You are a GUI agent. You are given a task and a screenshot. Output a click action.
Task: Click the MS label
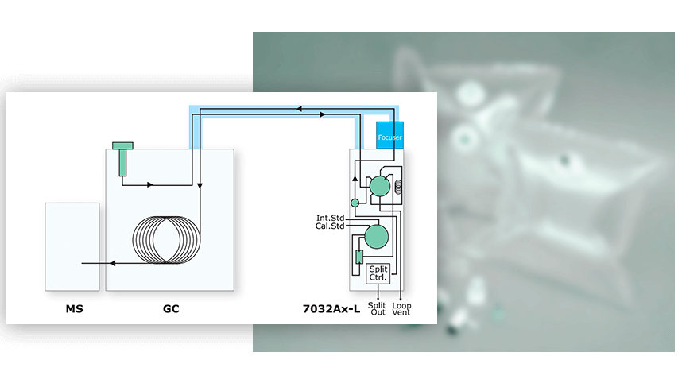point(75,308)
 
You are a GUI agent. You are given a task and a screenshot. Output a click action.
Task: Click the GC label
point(171,308)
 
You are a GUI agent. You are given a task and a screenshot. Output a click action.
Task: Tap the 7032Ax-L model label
point(331,308)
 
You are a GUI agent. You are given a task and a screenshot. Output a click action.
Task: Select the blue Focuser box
point(389,135)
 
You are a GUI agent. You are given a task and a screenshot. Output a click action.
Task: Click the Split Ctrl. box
point(378,273)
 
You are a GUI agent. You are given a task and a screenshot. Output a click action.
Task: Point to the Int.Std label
point(330,218)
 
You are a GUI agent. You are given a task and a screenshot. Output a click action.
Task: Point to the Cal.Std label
point(330,226)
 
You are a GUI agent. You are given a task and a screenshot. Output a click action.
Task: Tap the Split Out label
point(377,308)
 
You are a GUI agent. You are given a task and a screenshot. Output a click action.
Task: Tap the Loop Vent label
point(401,308)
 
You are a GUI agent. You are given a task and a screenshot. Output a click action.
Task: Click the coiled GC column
point(166,240)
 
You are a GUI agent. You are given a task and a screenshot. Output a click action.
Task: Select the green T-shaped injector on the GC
point(122,159)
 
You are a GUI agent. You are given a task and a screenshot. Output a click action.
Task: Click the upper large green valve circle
point(380,187)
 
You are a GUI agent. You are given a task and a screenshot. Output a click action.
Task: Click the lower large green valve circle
point(376,237)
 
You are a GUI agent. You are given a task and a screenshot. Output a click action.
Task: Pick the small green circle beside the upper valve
point(355,203)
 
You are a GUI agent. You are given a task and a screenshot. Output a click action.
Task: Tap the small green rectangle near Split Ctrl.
point(359,257)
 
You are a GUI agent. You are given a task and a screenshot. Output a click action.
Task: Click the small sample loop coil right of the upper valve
point(398,187)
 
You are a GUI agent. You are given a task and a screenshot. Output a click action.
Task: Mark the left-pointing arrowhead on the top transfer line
point(299,109)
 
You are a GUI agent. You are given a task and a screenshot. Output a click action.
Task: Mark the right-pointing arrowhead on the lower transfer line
point(322,114)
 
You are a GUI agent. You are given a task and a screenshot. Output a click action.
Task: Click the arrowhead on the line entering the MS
point(113,263)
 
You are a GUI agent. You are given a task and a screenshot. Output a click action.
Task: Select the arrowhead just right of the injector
point(150,185)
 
